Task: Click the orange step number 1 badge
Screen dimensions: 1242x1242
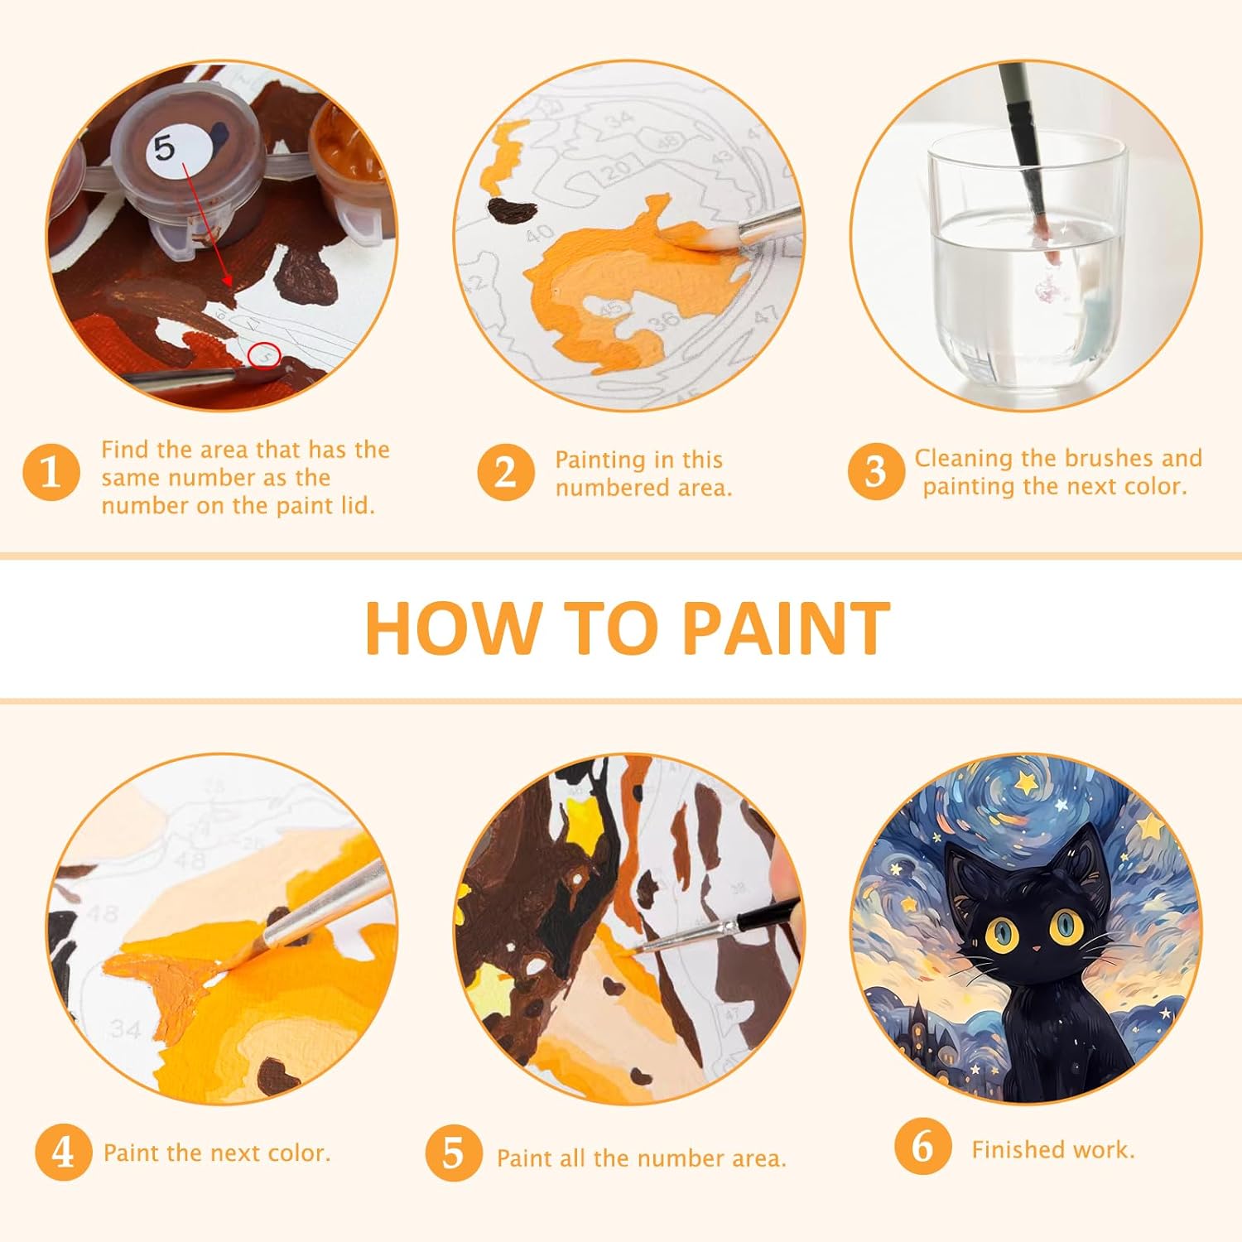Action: click(x=51, y=473)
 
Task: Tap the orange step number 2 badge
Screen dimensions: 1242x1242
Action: click(x=505, y=473)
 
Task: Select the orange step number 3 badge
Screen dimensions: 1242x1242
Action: click(x=875, y=472)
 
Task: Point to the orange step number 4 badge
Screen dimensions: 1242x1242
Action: click(x=64, y=1153)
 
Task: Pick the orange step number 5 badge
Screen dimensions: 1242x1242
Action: click(x=454, y=1153)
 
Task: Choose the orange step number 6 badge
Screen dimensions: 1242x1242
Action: click(x=922, y=1147)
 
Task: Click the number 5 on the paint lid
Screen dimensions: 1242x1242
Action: click(x=165, y=148)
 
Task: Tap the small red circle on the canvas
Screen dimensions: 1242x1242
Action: click(x=266, y=355)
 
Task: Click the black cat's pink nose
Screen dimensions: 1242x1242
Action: click(x=1035, y=946)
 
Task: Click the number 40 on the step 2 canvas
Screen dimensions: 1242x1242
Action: click(x=540, y=233)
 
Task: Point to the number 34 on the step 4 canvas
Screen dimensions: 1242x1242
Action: click(x=126, y=1029)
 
